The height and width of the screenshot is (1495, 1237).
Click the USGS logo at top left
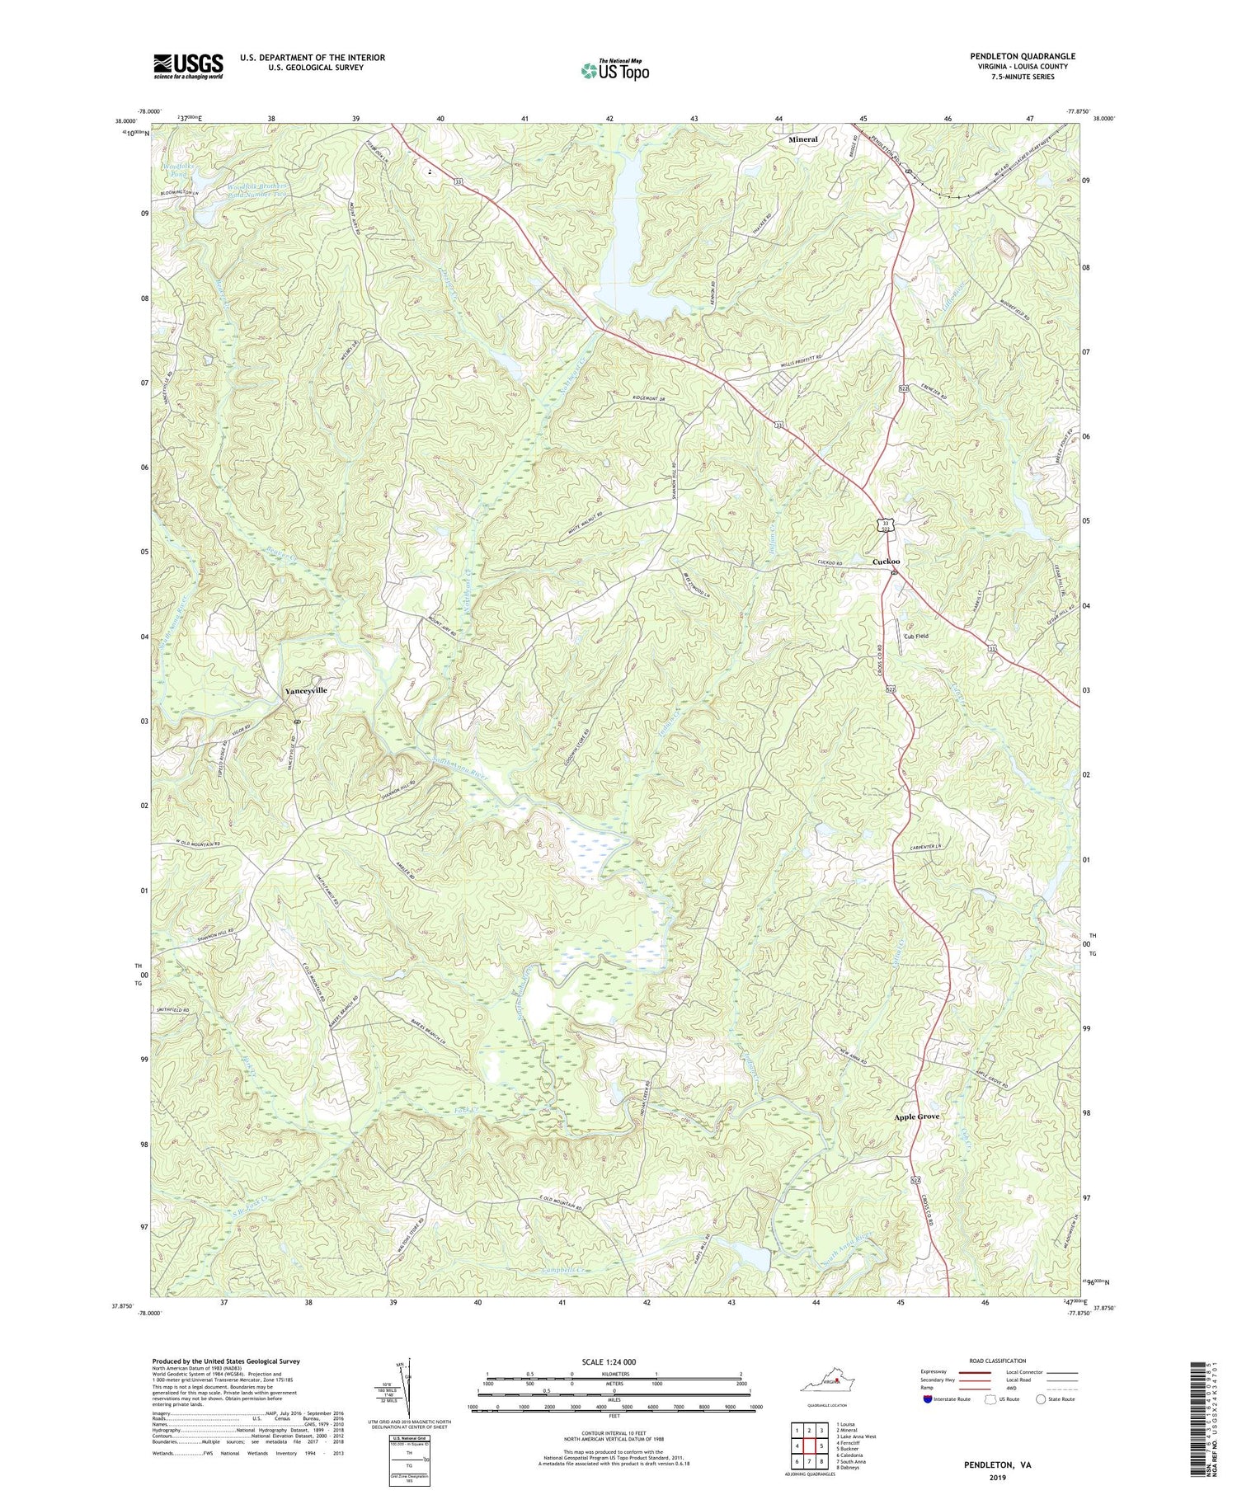pyautogui.click(x=187, y=66)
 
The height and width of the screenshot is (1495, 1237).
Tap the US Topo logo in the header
pyautogui.click(x=614, y=71)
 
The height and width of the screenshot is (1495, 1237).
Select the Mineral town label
pyautogui.click(x=802, y=139)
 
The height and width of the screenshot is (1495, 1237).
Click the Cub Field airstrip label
pyautogui.click(x=916, y=637)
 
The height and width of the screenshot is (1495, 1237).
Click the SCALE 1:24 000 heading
pyautogui.click(x=614, y=1361)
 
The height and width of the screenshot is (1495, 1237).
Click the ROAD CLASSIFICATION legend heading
pyautogui.click(x=997, y=1361)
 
